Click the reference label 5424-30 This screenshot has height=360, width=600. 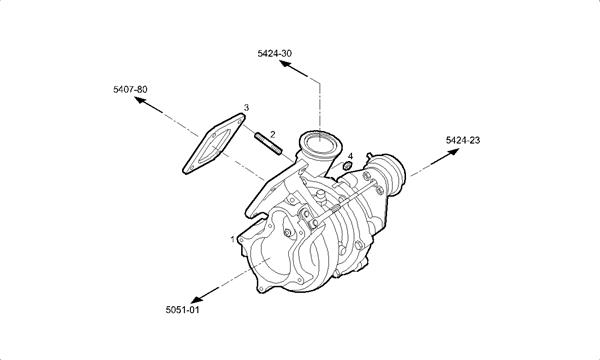pos(274,53)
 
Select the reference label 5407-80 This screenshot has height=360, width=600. pos(130,89)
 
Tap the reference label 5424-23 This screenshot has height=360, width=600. pos(463,140)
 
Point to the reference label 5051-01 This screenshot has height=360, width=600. pos(183,309)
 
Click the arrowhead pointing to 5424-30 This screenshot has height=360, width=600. pos(285,64)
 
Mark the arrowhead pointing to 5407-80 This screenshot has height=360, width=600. pos(140,100)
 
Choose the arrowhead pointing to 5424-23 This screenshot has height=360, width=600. pos(453,152)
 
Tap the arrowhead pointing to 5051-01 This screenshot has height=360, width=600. pos(197,299)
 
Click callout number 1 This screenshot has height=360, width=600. pos(232,239)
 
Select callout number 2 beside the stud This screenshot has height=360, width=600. pos(272,134)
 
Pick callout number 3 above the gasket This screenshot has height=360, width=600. pos(246,108)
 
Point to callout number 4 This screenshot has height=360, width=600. pos(350,156)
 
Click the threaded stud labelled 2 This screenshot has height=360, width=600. pos(268,143)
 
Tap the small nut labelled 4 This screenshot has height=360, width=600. pos(347,166)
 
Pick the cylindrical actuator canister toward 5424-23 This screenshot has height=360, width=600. pos(387,174)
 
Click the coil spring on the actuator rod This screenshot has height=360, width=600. pos(334,209)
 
